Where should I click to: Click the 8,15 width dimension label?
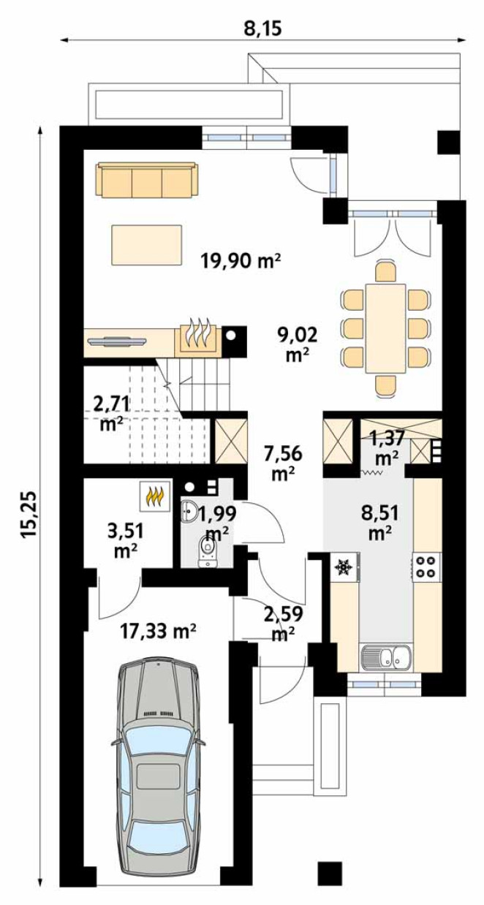pos(262,29)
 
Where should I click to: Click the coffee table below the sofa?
pos(147,245)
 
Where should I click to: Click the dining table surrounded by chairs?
pos(385,328)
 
